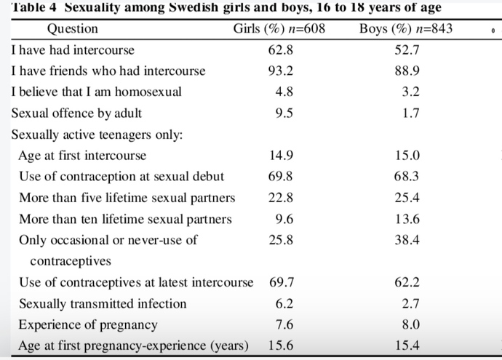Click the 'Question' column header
72,29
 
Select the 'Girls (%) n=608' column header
279,29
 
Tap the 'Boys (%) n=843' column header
406,29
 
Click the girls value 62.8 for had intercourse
280,50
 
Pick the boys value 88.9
407,71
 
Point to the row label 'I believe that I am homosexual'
96,92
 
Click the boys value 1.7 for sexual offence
411,113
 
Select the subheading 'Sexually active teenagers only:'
97,135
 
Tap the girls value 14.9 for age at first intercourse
281,156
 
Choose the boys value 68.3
407,177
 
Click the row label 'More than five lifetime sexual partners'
127,198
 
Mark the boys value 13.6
407,219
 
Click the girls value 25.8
281,240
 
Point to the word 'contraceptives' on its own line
71,261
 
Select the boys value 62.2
407,283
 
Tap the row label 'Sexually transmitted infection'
103,304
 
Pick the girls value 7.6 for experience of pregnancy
284,325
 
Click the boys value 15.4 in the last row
407,345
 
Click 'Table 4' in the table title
34,7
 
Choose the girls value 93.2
280,71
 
